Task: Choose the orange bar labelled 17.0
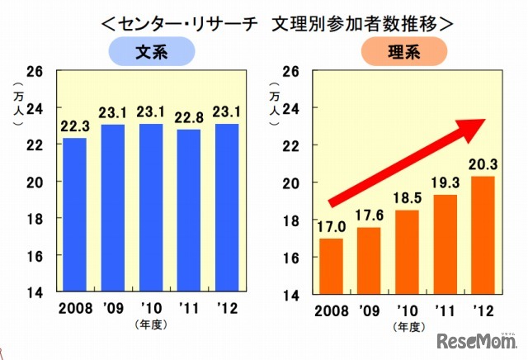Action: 330,265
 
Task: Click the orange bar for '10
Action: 407,251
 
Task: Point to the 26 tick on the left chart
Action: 39,71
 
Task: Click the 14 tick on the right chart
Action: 291,294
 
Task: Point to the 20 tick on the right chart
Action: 291,182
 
